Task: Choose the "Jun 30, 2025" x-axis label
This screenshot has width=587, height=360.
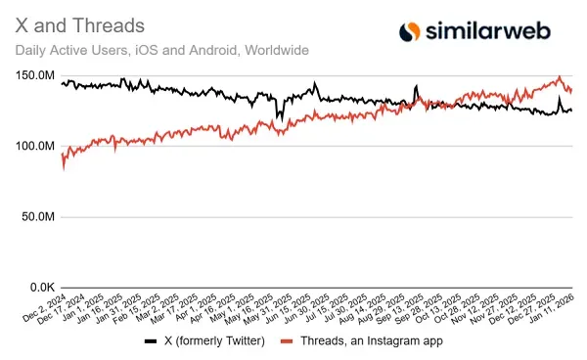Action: pyautogui.click(x=312, y=307)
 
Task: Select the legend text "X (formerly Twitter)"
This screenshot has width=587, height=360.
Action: pyautogui.click(x=212, y=341)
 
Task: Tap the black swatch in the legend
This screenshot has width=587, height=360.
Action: pyautogui.click(x=151, y=341)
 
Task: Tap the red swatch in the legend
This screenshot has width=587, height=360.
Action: pyautogui.click(x=287, y=341)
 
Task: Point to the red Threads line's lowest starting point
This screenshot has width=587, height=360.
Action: pyautogui.click(x=64, y=168)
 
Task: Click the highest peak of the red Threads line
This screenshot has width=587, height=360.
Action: pyautogui.click(x=559, y=77)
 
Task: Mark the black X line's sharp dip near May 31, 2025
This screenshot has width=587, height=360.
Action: pyautogui.click(x=278, y=118)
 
